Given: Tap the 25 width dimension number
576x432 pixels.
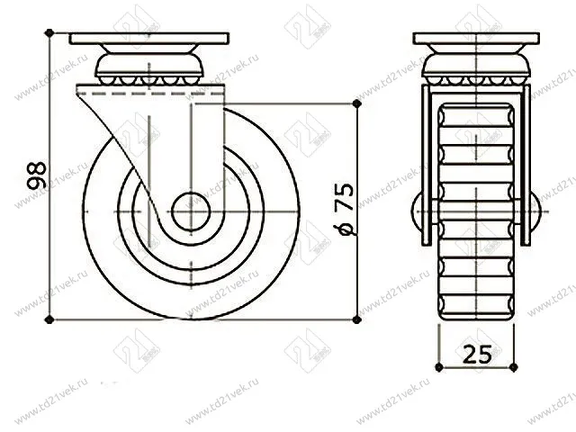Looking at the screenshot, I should pyautogui.click(x=477, y=354).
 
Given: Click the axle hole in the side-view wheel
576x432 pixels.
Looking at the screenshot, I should pyautogui.click(x=189, y=211).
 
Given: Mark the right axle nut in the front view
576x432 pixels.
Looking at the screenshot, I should pyautogui.click(x=536, y=214).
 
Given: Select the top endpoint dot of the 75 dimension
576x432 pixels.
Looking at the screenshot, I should pyautogui.click(x=358, y=104).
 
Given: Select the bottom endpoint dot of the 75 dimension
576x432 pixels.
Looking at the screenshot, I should pyautogui.click(x=358, y=319).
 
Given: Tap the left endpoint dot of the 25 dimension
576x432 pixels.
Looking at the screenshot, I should pyautogui.click(x=437, y=367).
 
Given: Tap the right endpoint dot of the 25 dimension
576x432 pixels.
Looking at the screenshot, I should pyautogui.click(x=517, y=367).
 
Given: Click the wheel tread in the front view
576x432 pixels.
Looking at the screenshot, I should pyautogui.click(x=477, y=270).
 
